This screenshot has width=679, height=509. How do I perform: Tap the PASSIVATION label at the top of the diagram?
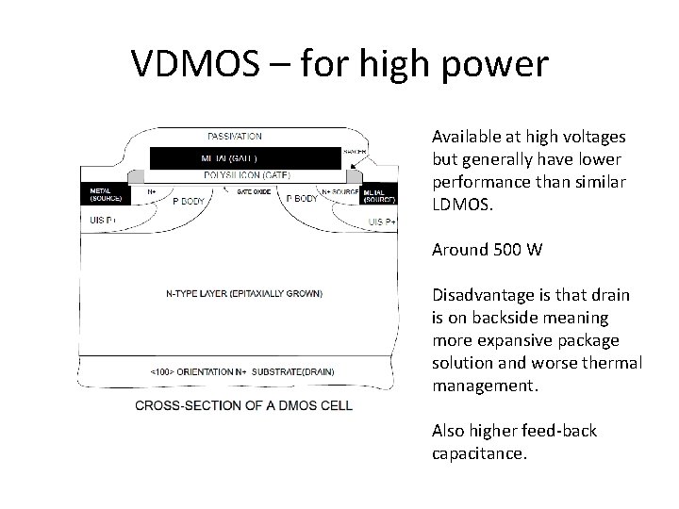click(235, 137)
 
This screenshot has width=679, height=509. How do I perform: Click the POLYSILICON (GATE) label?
click(247, 175)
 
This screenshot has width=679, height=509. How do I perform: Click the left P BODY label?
click(189, 200)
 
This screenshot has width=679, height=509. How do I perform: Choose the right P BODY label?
click(302, 199)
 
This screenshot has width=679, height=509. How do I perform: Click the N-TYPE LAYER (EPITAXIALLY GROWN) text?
click(243, 293)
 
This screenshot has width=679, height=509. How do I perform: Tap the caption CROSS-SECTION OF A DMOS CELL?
click(244, 405)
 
